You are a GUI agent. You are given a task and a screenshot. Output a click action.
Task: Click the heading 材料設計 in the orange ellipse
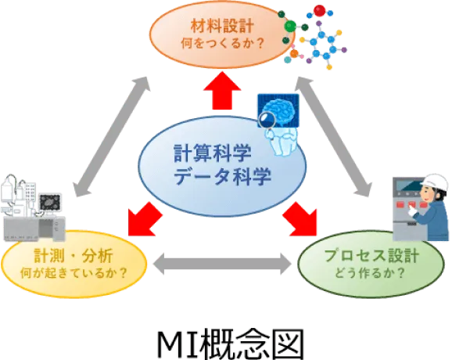pos(222,26)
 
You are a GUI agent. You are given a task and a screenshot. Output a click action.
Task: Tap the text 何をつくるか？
pos(222,44)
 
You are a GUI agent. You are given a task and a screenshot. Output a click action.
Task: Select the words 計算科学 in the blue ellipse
pos(213,153)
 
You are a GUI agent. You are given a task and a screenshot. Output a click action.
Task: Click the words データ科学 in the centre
pos(222,175)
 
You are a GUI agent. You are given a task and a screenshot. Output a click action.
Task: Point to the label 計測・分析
pos(74,256)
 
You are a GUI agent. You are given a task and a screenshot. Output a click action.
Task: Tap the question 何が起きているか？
pos(74,273)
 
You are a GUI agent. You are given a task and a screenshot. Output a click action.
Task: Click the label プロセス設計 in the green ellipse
pos(371,256)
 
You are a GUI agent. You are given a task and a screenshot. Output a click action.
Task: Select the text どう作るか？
pos(371,273)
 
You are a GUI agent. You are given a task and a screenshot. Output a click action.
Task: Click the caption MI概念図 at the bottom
pos(231,344)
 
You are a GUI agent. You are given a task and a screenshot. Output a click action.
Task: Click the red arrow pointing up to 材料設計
pos(222,91)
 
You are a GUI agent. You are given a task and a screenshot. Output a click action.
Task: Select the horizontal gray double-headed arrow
pos(222,264)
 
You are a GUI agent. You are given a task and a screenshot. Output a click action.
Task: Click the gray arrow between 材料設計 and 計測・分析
pos(112,137)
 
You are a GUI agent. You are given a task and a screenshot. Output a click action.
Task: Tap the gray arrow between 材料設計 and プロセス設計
pos(333,137)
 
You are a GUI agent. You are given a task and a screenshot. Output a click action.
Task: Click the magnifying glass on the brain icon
pos(267,120)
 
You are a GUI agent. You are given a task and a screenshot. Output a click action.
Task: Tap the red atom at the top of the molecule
pos(319,11)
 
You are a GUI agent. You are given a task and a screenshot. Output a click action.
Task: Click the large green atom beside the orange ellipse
pos(290,27)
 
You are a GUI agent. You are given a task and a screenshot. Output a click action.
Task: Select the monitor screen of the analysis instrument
pos(50,202)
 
